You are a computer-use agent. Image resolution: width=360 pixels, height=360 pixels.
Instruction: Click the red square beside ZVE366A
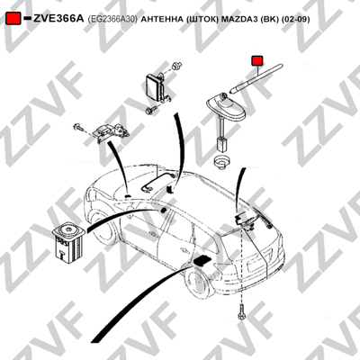pos(13,19)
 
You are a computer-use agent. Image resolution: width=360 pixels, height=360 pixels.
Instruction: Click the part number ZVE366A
pos(58,19)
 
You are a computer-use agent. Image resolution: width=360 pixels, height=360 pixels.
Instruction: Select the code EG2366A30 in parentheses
pos(112,20)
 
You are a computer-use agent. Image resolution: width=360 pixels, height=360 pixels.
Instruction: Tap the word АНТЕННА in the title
pos(161,20)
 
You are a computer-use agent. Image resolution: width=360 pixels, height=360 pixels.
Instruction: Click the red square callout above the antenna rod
pos(257,60)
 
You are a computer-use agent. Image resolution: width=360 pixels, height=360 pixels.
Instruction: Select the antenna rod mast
pos(256,78)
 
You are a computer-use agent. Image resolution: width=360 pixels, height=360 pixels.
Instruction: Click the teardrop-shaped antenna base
pos(226,106)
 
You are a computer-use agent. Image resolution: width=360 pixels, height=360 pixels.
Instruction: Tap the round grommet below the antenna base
pos(221,161)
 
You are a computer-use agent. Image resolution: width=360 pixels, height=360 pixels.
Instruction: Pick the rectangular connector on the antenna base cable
pos(221,144)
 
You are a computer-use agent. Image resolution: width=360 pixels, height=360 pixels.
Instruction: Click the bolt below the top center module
pos(151,110)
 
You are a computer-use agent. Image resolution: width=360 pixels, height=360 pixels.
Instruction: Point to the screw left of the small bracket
pos(78,128)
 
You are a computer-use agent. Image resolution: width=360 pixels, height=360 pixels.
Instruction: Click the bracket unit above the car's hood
pos(111,131)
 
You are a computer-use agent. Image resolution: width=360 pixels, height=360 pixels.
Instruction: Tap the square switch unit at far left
pos(68,242)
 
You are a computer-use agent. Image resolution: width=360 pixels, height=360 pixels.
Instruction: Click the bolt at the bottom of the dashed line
pos(241,313)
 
